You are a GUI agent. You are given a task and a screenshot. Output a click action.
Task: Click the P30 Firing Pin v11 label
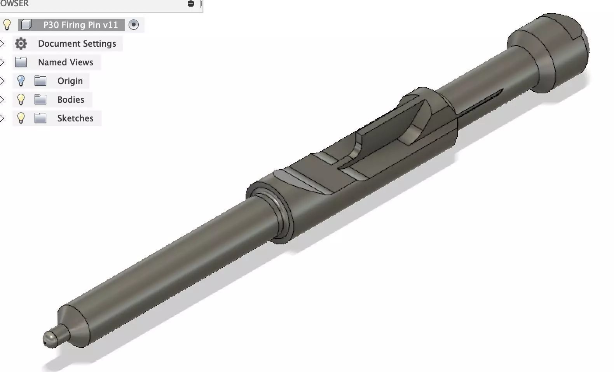(80, 25)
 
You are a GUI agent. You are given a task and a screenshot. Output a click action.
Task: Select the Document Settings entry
(77, 44)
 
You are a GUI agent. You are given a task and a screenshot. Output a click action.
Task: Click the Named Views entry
(65, 62)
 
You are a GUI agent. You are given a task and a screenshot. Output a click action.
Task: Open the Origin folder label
(70, 81)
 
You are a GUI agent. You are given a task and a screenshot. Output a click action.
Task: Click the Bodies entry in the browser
(71, 100)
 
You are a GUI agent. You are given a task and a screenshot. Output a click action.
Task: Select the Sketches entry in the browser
(75, 118)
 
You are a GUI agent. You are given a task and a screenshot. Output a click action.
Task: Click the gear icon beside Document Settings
(21, 44)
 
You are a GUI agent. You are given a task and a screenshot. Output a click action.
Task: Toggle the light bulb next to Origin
(21, 81)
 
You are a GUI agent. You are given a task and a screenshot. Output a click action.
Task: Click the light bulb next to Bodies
(21, 99)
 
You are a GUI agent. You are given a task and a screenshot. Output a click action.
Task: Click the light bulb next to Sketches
(21, 118)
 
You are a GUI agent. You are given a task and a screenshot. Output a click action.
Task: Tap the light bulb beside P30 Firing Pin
(7, 25)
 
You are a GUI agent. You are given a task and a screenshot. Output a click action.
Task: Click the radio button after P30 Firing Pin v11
(134, 25)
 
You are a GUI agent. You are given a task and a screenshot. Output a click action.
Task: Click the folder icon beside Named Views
(21, 62)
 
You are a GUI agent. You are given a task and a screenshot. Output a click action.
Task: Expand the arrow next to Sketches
(2, 118)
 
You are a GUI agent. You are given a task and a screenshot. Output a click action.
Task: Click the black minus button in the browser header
(191, 4)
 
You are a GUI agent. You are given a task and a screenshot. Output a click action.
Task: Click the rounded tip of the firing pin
(49, 339)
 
